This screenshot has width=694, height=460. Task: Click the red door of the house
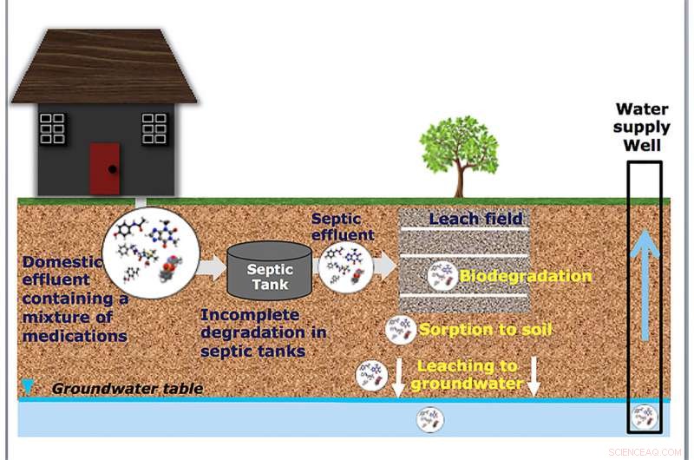(x=105, y=168)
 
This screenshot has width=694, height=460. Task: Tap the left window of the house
(x=53, y=128)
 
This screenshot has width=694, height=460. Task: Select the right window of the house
(x=154, y=128)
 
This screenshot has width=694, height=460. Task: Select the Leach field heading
(x=476, y=219)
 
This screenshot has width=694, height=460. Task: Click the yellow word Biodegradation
(x=526, y=277)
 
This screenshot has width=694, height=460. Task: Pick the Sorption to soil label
(x=485, y=329)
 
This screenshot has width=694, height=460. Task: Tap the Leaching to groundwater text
(x=467, y=375)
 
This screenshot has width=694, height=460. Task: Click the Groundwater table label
(x=128, y=388)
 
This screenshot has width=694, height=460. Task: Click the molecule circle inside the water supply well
(x=644, y=417)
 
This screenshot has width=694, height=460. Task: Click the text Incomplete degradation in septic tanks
(x=257, y=332)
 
